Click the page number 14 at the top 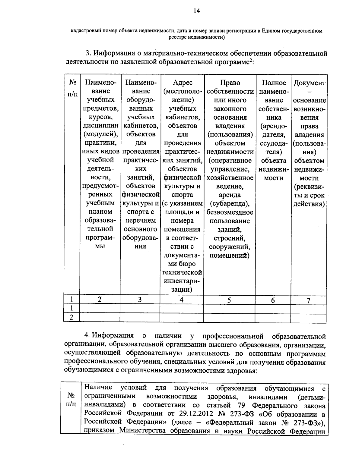click(x=196, y=11)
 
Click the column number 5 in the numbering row click(x=229, y=300)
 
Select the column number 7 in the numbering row click(x=308, y=300)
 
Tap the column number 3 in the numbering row click(x=140, y=300)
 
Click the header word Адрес click(x=183, y=83)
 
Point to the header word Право click(x=230, y=83)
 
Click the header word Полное click(x=273, y=83)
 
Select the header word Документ click(x=309, y=83)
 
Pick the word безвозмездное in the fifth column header click(x=230, y=212)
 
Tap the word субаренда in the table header click(x=230, y=204)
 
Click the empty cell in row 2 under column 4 click(x=182, y=317)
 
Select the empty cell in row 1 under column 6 click(x=273, y=308)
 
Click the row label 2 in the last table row click(x=71, y=317)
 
